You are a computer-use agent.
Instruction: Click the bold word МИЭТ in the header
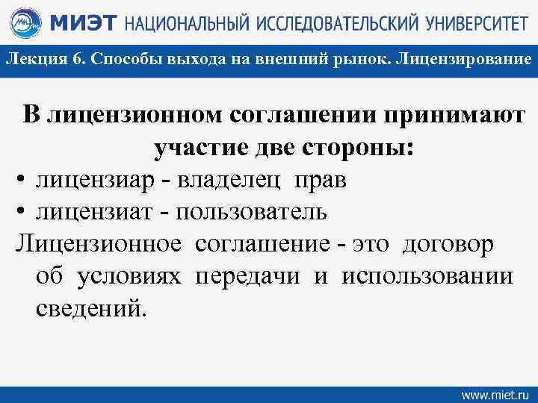click(82, 25)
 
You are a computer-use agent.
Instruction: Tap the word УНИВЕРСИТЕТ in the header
click(470, 25)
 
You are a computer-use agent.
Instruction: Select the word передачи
click(248, 276)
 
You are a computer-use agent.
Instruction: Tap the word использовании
click(427, 276)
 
